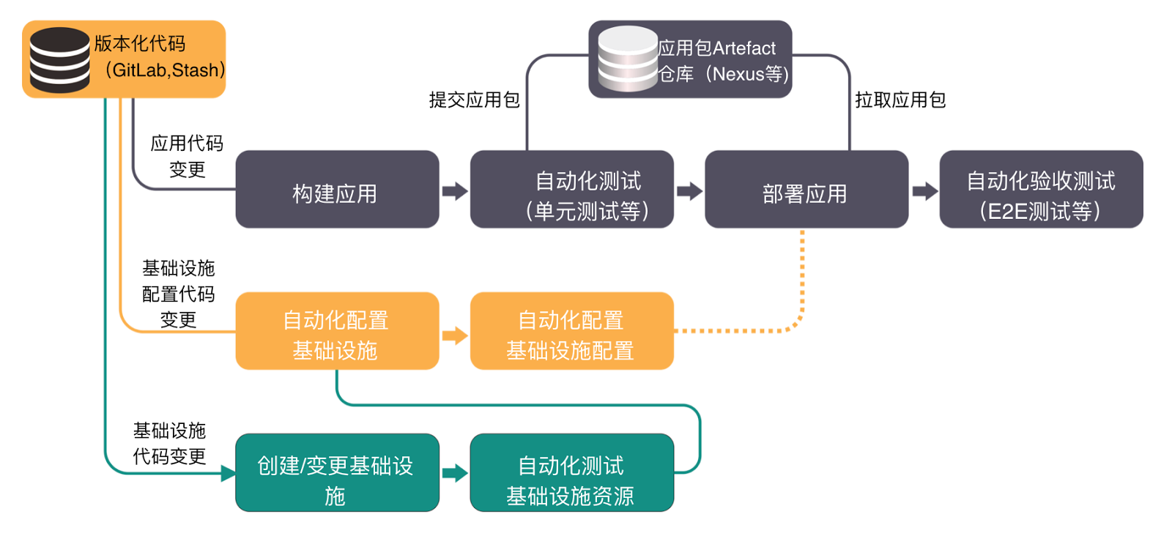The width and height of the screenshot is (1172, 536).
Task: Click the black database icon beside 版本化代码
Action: click(59, 59)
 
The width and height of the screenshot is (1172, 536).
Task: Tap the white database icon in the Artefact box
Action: click(627, 59)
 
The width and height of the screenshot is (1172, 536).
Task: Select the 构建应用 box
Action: click(337, 190)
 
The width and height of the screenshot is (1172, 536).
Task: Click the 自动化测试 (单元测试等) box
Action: click(571, 190)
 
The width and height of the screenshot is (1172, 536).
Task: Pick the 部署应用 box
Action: click(806, 190)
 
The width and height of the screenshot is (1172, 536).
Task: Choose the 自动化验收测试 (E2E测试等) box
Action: click(1041, 190)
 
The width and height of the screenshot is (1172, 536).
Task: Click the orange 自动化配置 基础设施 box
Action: click(337, 331)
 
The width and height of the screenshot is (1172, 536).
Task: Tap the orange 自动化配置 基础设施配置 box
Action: click(571, 331)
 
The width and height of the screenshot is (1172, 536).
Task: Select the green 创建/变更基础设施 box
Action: click(337, 473)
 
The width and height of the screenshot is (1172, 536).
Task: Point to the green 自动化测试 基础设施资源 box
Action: click(571, 473)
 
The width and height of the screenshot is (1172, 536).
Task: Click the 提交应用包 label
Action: click(474, 100)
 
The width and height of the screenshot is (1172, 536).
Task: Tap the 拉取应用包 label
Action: click(900, 100)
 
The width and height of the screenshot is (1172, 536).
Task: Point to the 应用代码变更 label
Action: click(187, 156)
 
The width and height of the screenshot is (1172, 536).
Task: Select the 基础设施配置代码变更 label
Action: click(178, 294)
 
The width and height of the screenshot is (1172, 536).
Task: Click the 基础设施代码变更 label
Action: click(169, 443)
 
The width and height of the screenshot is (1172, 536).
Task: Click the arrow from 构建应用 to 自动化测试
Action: click(455, 191)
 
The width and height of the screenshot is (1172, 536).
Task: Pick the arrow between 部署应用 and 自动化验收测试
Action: click(924, 191)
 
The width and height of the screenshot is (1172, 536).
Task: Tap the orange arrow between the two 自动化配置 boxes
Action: click(455, 335)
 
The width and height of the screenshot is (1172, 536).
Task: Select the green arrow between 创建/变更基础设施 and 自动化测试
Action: click(455, 473)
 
